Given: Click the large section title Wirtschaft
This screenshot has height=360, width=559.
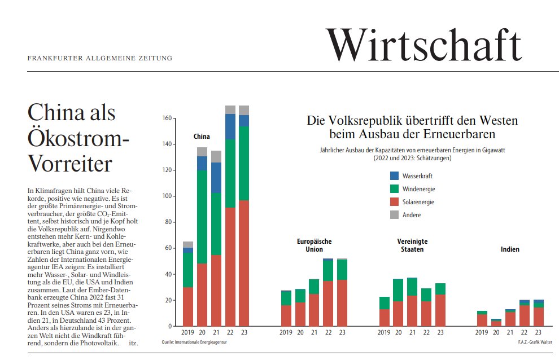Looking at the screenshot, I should pyautogui.click(x=423, y=44).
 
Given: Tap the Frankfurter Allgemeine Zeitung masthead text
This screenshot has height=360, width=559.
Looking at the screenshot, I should pyautogui.click(x=99, y=58).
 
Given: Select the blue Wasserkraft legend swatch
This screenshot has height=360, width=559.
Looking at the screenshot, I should pyautogui.click(x=394, y=176).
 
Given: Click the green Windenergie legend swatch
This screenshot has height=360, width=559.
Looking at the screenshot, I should pyautogui.click(x=394, y=189).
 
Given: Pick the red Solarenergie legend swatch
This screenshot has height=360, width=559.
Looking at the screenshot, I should pyautogui.click(x=394, y=202).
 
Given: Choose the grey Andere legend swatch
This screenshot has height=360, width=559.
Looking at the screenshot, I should pyautogui.click(x=394, y=215).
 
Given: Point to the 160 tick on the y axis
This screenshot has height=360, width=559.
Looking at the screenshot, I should pyautogui.click(x=166, y=118).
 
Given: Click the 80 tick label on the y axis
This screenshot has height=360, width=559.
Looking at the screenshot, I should pyautogui.click(x=168, y=222).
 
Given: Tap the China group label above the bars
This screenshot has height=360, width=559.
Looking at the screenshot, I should pyautogui.click(x=202, y=137).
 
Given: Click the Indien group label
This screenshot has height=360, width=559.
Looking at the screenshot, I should pyautogui.click(x=510, y=249).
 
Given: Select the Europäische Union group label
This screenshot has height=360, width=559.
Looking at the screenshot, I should pyautogui.click(x=314, y=245).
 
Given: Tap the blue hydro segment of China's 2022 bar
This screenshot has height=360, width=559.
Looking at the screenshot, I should pyautogui.click(x=230, y=127).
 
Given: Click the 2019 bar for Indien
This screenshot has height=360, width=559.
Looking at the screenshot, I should pyautogui.click(x=482, y=319).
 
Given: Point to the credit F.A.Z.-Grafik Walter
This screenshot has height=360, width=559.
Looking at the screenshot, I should pyautogui.click(x=535, y=342).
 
